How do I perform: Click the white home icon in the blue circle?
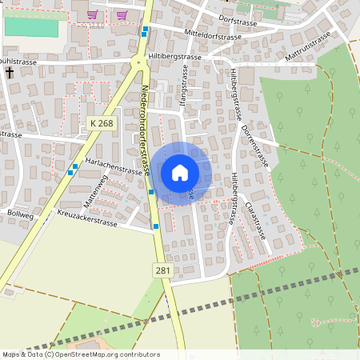[180, 172]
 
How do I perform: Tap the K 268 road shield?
[102, 122]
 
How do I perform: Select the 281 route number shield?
[162, 270]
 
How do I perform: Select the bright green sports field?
[32, 26]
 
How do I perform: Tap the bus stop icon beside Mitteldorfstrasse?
[145, 31]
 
